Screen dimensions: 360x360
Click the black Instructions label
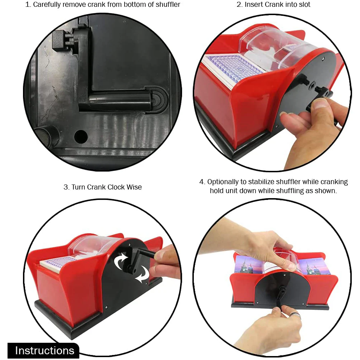44,350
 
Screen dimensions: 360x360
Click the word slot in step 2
305,4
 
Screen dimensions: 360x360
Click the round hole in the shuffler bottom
81,136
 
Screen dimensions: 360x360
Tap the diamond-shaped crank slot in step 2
312,85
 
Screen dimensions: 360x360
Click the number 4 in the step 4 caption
202,182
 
